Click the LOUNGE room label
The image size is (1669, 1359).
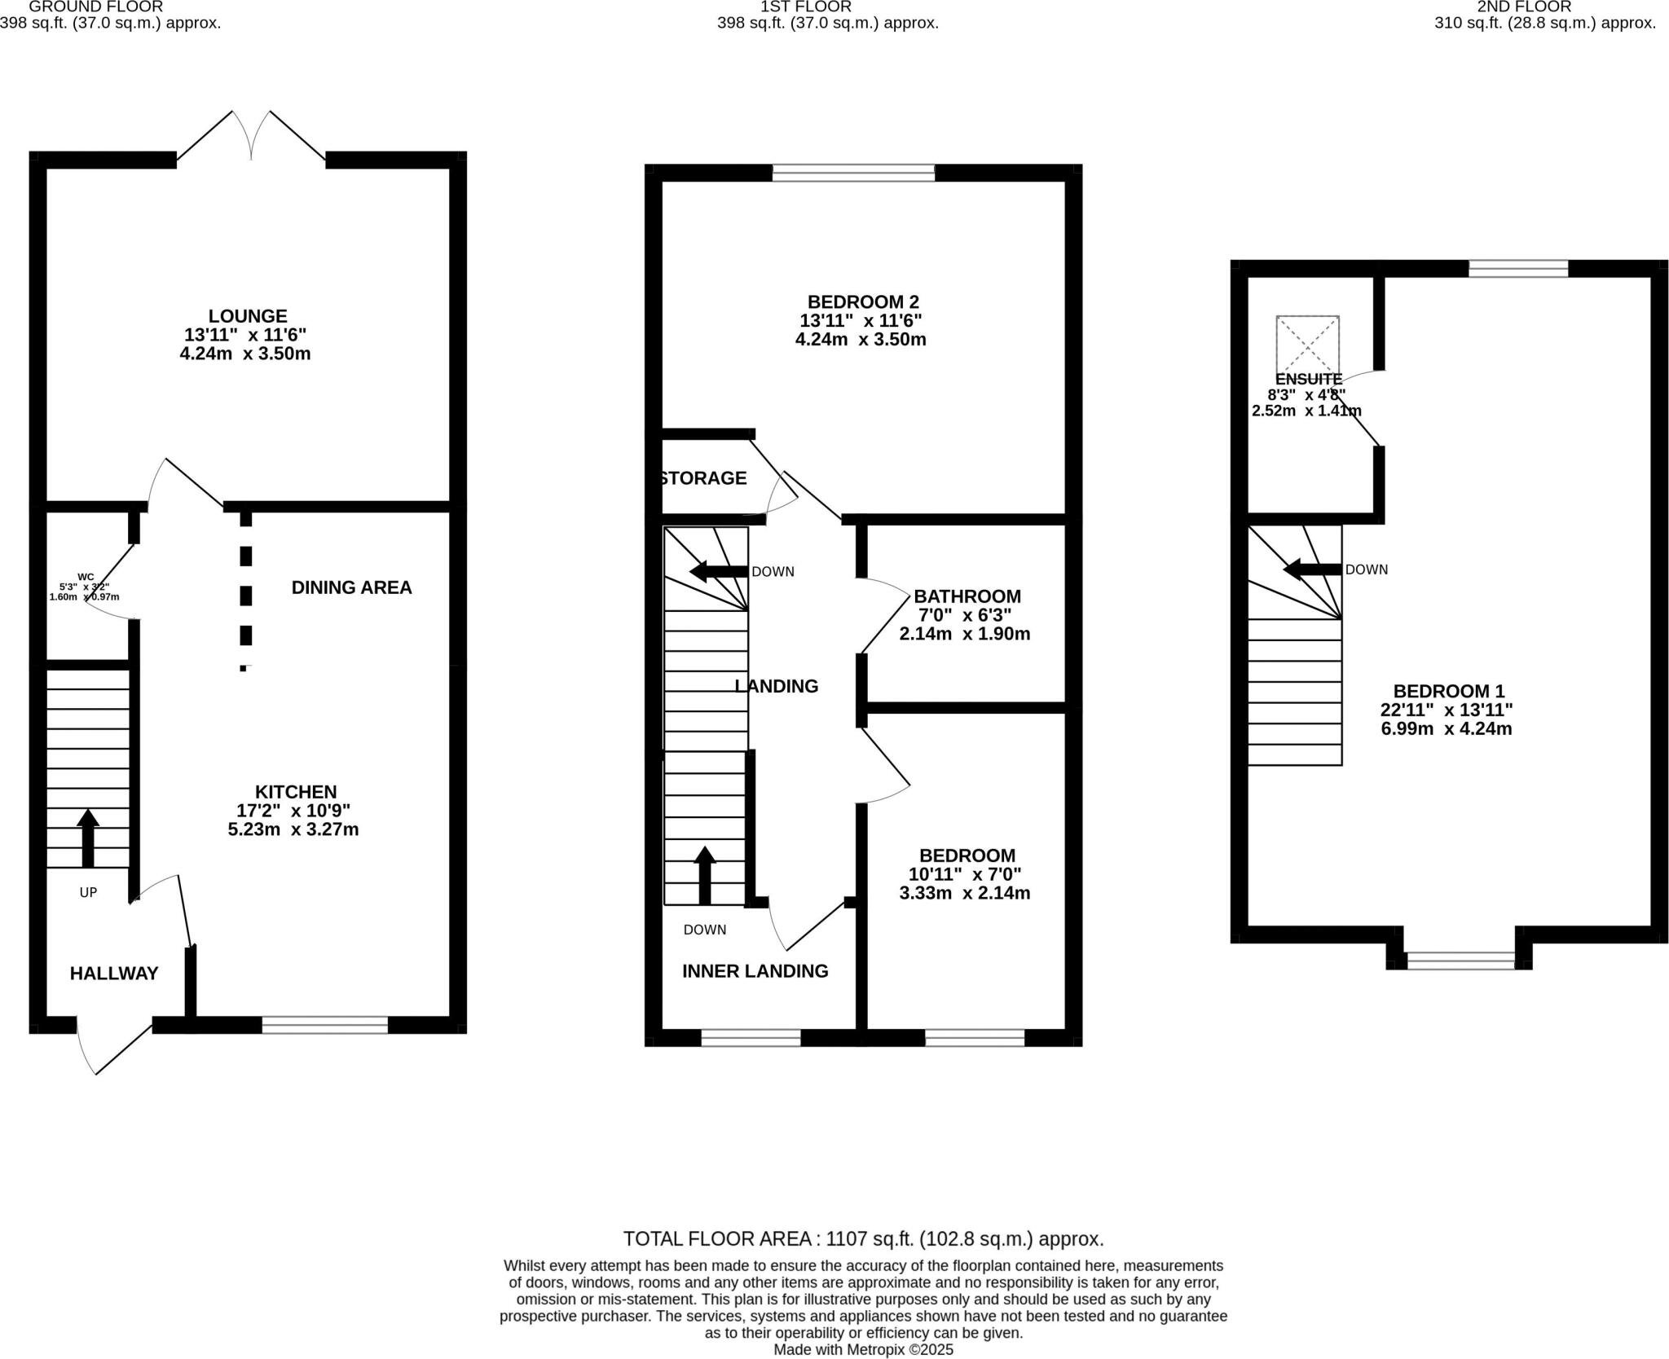point(247,315)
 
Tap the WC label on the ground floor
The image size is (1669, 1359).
point(86,577)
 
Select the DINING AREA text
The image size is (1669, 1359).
point(351,587)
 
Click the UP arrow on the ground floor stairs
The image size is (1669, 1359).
point(87,837)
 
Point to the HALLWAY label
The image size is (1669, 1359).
point(113,973)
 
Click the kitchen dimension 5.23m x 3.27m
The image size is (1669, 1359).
point(293,829)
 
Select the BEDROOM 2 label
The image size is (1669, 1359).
point(862,301)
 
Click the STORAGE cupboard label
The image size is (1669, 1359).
point(703,478)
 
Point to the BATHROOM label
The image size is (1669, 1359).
point(967,596)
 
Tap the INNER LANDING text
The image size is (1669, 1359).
point(755,970)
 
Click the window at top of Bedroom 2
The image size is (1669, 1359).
point(853,172)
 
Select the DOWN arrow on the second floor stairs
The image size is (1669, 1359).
point(1311,570)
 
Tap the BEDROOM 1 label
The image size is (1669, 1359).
point(1448,691)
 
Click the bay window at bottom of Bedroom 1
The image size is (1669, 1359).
point(1460,961)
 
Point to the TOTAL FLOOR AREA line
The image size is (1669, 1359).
point(863,1239)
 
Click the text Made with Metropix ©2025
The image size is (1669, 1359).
point(863,1349)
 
